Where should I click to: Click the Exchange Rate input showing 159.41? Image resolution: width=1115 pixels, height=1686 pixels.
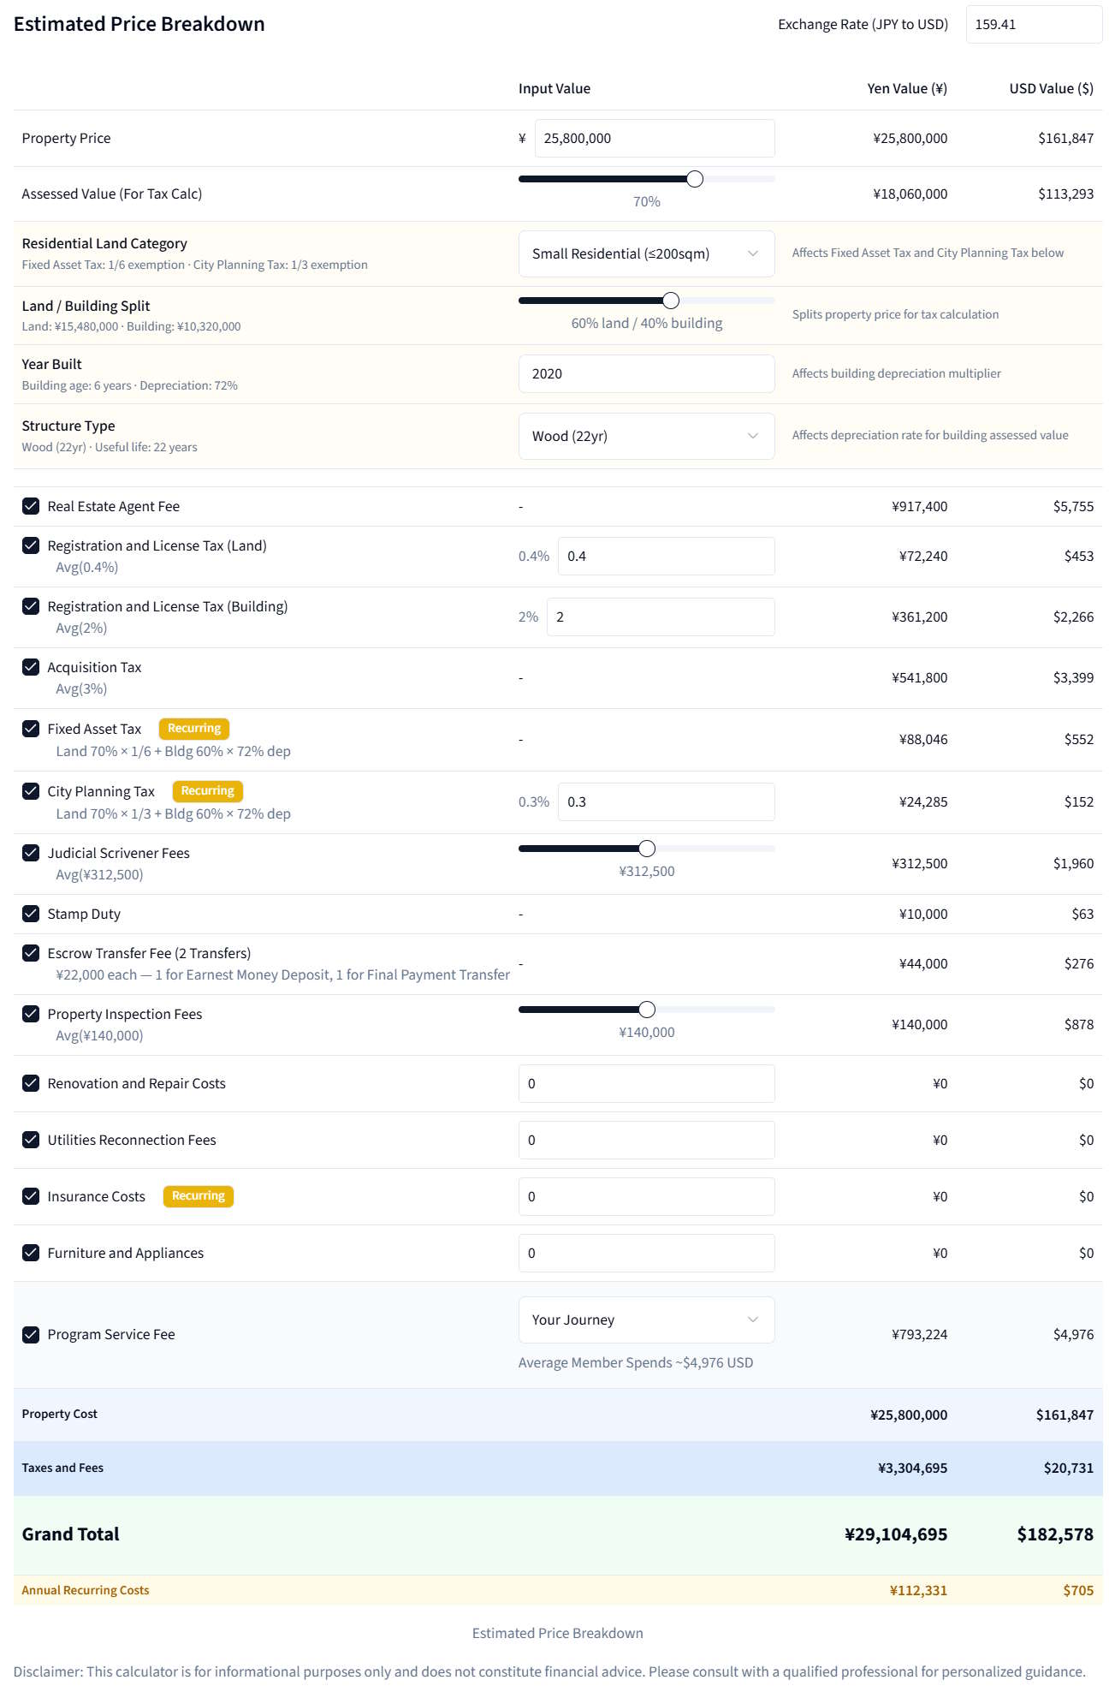1033,25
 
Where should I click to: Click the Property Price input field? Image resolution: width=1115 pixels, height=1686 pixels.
654,139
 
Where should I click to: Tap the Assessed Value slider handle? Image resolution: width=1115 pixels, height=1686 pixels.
695,179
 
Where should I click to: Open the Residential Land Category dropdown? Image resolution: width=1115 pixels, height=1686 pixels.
646,253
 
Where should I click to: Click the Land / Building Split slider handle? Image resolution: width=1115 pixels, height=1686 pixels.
671,301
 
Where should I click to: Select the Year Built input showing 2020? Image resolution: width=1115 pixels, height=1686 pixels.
646,374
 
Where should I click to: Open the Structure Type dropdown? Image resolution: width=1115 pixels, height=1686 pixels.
646,436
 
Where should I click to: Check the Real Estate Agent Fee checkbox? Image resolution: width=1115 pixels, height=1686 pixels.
31,506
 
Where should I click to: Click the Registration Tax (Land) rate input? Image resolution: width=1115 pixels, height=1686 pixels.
666,557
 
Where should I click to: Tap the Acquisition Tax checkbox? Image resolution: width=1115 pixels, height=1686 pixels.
31,667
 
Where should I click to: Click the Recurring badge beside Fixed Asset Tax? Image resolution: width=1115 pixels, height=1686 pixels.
194,729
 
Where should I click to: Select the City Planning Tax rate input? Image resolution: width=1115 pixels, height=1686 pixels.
666,802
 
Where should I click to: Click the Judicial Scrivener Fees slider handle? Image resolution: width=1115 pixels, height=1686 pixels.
647,849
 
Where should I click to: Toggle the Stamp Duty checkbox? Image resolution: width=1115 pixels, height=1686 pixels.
31,914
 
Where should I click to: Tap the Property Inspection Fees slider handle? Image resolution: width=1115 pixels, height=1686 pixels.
647,1010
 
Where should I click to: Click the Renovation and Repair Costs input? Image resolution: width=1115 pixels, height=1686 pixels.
646,1084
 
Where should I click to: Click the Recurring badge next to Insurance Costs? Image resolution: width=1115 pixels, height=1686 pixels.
198,1196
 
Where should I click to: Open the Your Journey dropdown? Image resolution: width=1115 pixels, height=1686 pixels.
646,1320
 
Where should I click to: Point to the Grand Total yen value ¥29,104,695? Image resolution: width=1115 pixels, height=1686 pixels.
895,1534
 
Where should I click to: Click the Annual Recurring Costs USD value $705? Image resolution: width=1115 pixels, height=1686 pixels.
1078,1591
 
